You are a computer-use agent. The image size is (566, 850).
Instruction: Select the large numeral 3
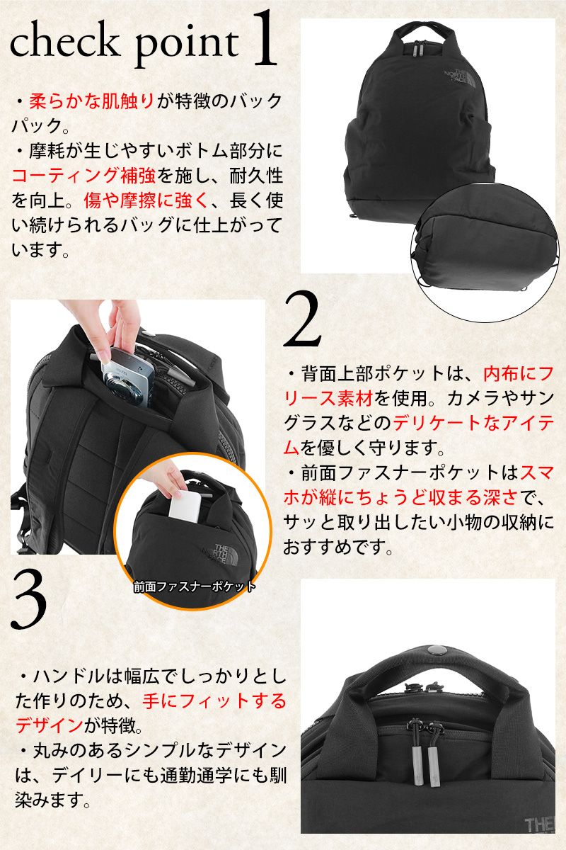tap(30, 603)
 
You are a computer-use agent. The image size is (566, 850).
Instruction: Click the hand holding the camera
tap(127, 326)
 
